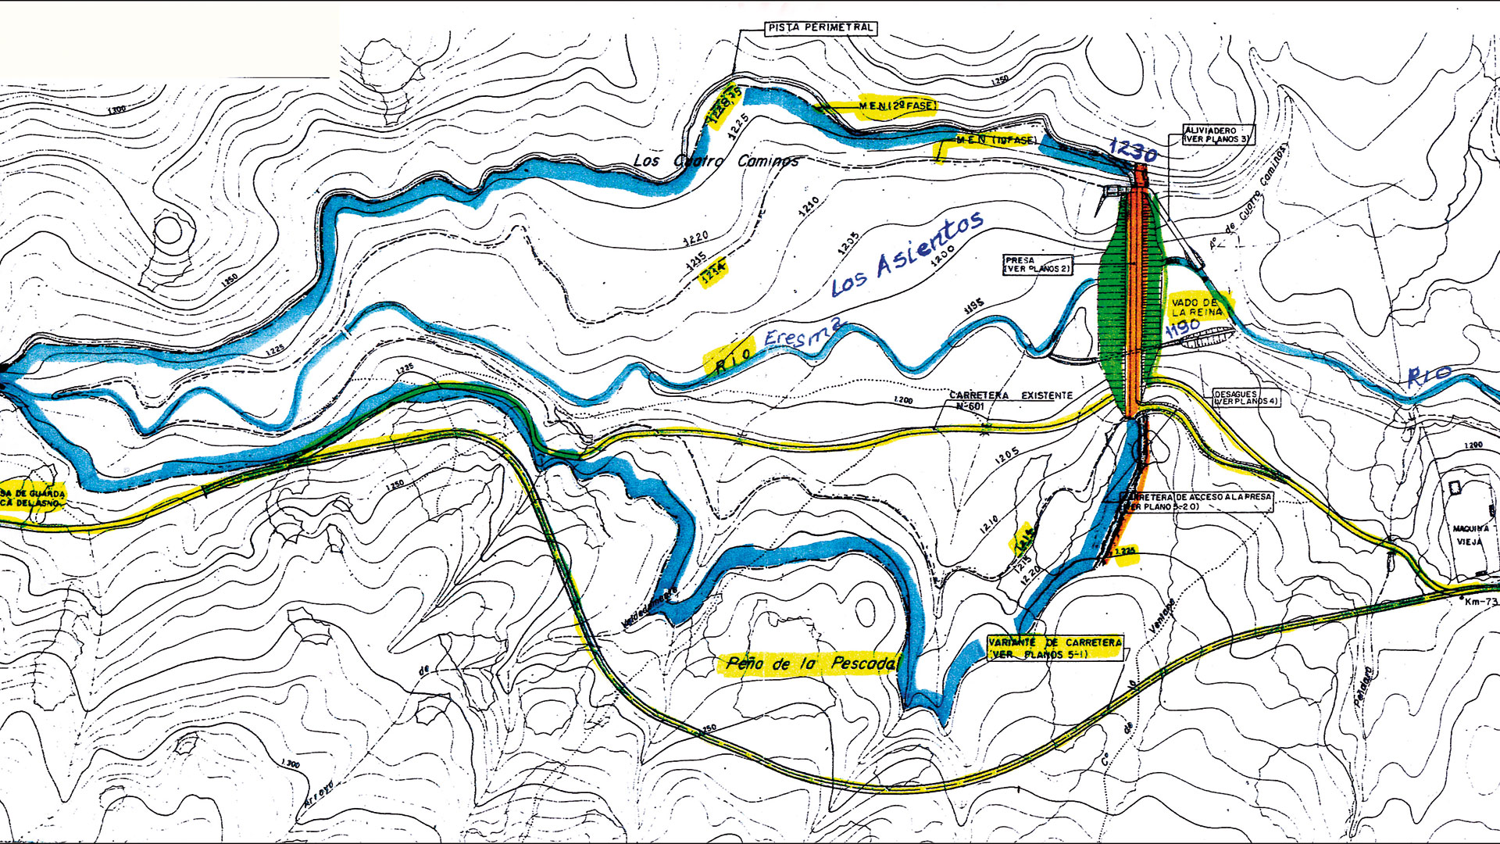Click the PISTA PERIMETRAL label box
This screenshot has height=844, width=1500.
click(820, 28)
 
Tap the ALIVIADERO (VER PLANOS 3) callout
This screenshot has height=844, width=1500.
click(1217, 134)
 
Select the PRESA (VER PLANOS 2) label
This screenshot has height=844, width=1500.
click(1037, 264)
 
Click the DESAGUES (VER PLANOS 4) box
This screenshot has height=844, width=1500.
click(1246, 397)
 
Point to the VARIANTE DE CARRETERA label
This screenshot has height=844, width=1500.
click(1055, 648)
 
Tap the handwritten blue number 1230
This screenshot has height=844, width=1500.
click(1133, 150)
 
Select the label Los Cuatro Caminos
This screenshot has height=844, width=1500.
click(716, 161)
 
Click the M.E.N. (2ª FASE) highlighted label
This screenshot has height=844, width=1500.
click(896, 105)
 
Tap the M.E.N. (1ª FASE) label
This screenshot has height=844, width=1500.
click(996, 141)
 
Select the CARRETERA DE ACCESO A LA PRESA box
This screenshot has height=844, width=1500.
click(1195, 502)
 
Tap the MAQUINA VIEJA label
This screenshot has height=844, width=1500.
click(1470, 535)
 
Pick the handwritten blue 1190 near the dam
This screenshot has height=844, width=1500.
click(1183, 328)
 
